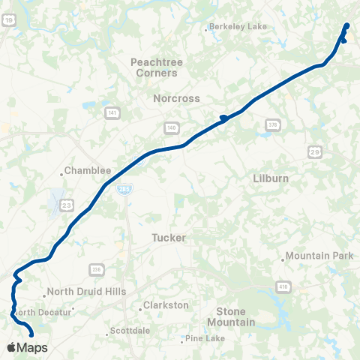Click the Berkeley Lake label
tap(238, 27)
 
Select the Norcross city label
tap(174, 98)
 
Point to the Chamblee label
tap(88, 170)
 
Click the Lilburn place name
tap(271, 179)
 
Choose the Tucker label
tap(168, 237)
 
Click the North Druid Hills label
tap(86, 292)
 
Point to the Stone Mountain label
tap(235, 316)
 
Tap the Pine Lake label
tap(205, 338)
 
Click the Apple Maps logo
tap(27, 347)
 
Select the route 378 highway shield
tap(272, 124)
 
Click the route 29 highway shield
tap(315, 152)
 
